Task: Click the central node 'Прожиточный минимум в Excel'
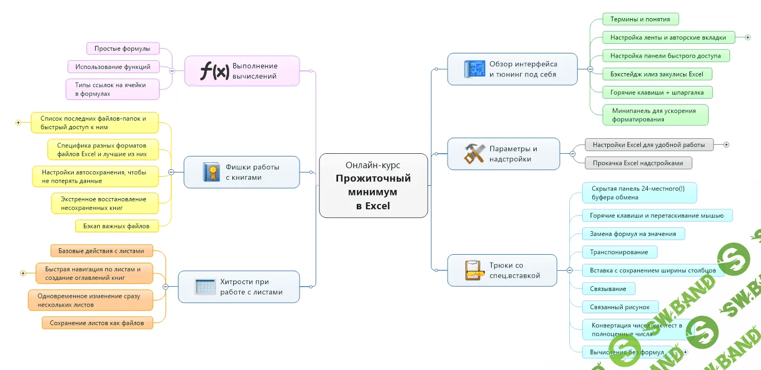click(x=373, y=185)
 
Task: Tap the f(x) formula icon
click(x=215, y=70)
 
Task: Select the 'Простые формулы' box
click(x=123, y=49)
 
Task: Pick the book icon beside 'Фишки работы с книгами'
click(x=211, y=172)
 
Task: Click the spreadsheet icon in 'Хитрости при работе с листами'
click(x=205, y=287)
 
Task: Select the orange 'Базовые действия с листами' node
click(x=101, y=250)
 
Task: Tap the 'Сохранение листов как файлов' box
click(x=97, y=322)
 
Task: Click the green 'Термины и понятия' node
click(x=640, y=19)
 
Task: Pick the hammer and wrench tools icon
click(x=474, y=154)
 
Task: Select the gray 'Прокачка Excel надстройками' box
click(x=638, y=163)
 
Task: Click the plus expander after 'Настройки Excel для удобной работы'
click(x=726, y=145)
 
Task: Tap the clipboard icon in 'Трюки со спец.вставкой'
click(x=474, y=270)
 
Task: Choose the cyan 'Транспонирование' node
click(x=619, y=252)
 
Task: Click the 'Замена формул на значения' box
click(x=633, y=233)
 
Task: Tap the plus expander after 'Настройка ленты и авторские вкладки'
click(x=748, y=37)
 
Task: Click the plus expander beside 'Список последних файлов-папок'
click(x=18, y=123)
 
